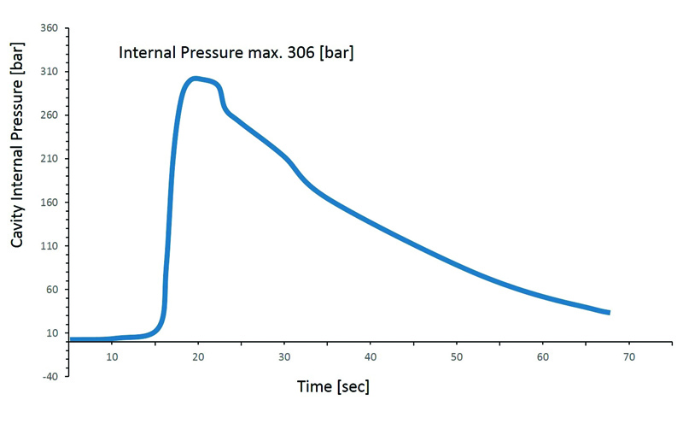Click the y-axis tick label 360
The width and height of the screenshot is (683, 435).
coord(47,28)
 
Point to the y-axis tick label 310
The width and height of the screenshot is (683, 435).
coord(47,72)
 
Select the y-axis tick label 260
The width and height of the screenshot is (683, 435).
coord(47,115)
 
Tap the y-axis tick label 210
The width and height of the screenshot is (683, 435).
coord(47,159)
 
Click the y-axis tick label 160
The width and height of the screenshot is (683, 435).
coord(47,203)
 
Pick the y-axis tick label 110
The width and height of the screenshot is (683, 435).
coord(47,246)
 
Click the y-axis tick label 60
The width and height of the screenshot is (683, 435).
coord(50,290)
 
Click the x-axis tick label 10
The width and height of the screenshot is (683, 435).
coord(112,356)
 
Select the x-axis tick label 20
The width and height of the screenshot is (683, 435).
coord(198,356)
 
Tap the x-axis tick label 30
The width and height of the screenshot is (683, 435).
coord(284,356)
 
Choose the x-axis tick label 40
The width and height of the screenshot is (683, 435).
coord(371,356)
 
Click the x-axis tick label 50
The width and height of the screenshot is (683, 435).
coord(457,356)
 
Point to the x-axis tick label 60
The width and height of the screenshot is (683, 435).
coord(543,356)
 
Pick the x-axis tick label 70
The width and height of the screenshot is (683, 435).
coord(629,356)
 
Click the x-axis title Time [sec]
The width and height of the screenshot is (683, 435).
coord(333,386)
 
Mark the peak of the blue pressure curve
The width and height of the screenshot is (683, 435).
coord(196,79)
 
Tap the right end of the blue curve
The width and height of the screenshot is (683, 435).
coord(608,312)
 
